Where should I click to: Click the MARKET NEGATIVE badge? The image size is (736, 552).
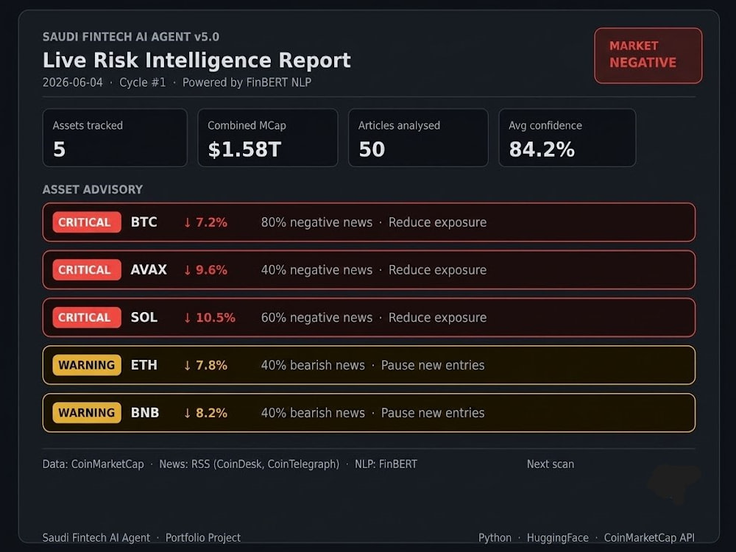tap(648, 55)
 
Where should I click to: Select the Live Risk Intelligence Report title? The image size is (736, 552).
tap(197, 60)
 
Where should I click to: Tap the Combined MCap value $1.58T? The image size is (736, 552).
tap(244, 149)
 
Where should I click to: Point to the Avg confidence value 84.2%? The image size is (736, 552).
tap(542, 149)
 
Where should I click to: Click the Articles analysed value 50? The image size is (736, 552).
tap(372, 149)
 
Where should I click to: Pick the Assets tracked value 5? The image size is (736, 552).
tap(59, 149)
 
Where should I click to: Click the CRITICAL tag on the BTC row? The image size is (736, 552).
tap(86, 222)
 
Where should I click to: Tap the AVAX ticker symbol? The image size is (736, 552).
tap(149, 269)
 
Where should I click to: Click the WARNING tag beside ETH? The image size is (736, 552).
tap(86, 365)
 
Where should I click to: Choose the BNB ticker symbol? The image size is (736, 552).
tap(145, 413)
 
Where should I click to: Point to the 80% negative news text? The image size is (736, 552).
tap(316, 222)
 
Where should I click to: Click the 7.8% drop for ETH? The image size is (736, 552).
tap(205, 365)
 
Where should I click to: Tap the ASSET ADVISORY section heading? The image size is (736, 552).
tap(93, 189)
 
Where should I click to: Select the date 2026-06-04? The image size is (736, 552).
tap(72, 82)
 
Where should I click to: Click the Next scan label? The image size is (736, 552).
tap(550, 464)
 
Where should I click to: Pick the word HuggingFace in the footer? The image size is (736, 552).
tap(558, 538)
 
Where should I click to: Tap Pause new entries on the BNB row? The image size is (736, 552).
tap(433, 413)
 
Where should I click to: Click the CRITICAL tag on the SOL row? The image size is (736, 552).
tap(86, 317)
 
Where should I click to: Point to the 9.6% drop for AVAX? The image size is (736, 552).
tap(205, 269)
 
